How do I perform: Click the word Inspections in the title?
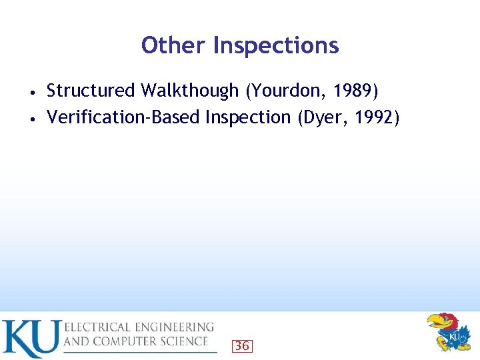(x=276, y=45)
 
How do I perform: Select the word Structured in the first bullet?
(x=91, y=90)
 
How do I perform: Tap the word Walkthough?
(x=189, y=90)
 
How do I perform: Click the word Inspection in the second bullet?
(x=247, y=117)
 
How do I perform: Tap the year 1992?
(x=375, y=117)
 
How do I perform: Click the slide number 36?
(x=241, y=345)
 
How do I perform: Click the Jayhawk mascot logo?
(x=449, y=332)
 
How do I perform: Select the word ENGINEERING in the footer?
(x=178, y=327)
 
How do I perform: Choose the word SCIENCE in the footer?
(x=183, y=341)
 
